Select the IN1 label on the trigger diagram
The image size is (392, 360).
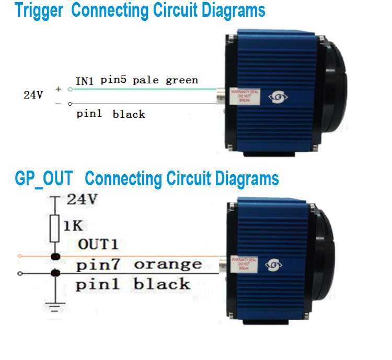[85, 81]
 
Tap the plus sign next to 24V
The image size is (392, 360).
[59, 89]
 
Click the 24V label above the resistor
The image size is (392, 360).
[82, 199]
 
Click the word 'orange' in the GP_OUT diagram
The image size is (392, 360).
[167, 264]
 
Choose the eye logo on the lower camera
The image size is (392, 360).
[274, 265]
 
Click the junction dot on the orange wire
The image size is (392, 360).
[54, 256]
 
